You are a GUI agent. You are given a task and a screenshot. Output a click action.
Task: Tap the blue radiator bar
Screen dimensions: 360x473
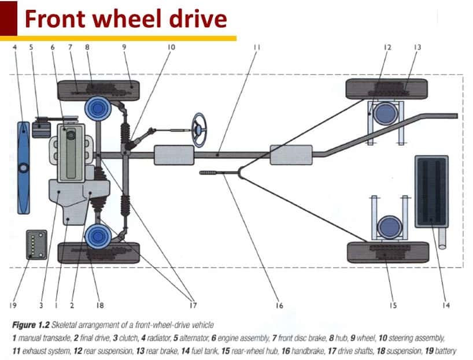pos(23,168)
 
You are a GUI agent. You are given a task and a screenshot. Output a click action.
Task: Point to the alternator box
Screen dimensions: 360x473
pos(40,128)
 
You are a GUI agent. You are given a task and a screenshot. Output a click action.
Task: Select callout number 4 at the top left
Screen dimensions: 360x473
pos(16,47)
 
